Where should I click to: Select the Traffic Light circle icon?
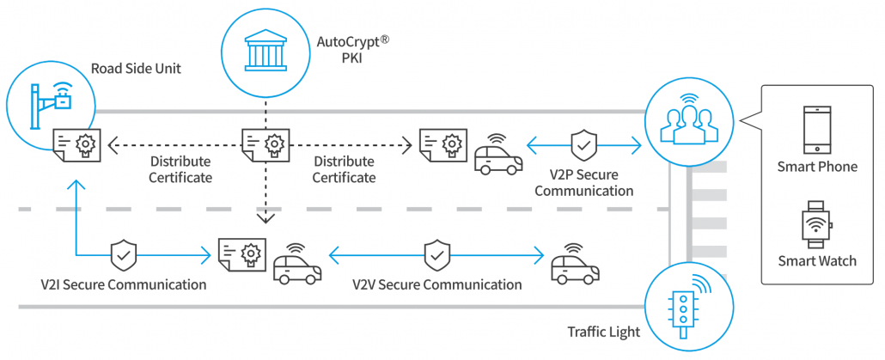pyautogui.click(x=684, y=306)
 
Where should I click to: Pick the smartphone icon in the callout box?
pyautogui.click(x=815, y=128)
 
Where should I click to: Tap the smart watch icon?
pyautogui.click(x=815, y=224)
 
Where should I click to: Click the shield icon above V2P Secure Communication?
pyautogui.click(x=583, y=145)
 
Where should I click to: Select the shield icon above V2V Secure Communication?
pyautogui.click(x=436, y=254)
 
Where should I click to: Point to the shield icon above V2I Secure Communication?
pyautogui.click(x=123, y=255)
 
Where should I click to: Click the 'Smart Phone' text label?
pyautogui.click(x=816, y=167)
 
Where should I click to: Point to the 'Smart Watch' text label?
pyautogui.click(x=816, y=260)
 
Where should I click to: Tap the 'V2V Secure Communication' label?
pyautogui.click(x=437, y=284)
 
